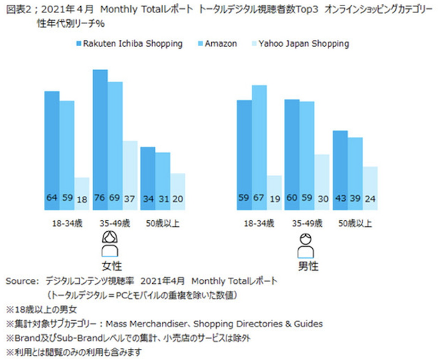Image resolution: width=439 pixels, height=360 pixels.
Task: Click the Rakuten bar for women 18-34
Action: (51, 151)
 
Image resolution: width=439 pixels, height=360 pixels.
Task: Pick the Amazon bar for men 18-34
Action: (259, 147)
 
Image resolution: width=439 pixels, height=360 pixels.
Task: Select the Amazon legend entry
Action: (218, 43)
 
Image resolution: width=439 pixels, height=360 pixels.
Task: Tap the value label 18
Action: (82, 199)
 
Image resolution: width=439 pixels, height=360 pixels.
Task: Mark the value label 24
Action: (370, 199)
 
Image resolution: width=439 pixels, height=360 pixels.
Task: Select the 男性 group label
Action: (307, 264)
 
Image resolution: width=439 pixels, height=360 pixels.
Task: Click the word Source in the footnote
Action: (22, 281)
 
